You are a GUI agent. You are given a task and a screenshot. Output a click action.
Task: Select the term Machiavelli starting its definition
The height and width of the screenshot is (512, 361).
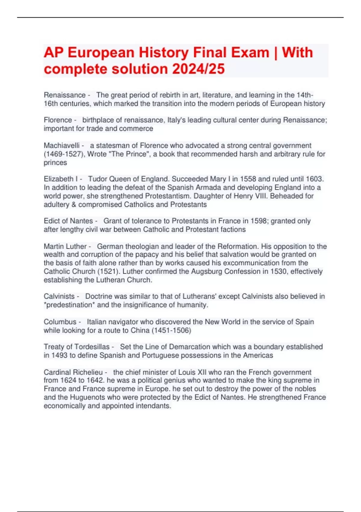pyautogui.click(x=62, y=145)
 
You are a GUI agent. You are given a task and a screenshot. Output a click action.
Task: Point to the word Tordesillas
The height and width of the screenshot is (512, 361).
pyautogui.click(x=92, y=347)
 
